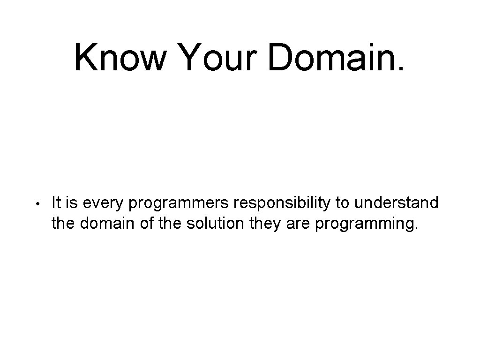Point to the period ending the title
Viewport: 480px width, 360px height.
tap(400, 69)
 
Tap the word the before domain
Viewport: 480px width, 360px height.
tap(64, 224)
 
